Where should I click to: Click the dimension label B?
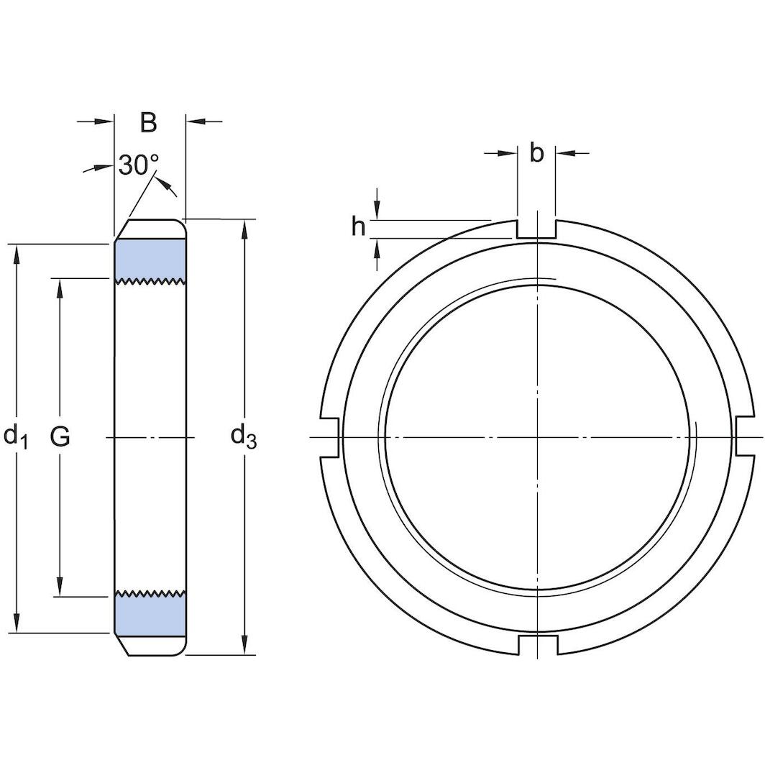pyautogui.click(x=148, y=123)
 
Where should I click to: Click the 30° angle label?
pyautogui.click(x=138, y=165)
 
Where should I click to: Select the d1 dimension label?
pyautogui.click(x=16, y=436)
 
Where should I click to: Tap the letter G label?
pyautogui.click(x=60, y=436)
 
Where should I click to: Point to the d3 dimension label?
pyautogui.click(x=243, y=436)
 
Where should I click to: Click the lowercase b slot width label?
pyautogui.click(x=536, y=153)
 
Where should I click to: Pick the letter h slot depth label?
pyautogui.click(x=358, y=227)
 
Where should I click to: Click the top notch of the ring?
pyautogui.click(x=536, y=229)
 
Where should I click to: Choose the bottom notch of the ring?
pyautogui.click(x=536, y=645)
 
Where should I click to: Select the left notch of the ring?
pyautogui.click(x=329, y=436)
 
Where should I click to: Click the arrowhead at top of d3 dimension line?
pyautogui.click(x=246, y=228)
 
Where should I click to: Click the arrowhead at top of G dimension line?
pyautogui.click(x=60, y=287)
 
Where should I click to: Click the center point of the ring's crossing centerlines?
pyautogui.click(x=536, y=437)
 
